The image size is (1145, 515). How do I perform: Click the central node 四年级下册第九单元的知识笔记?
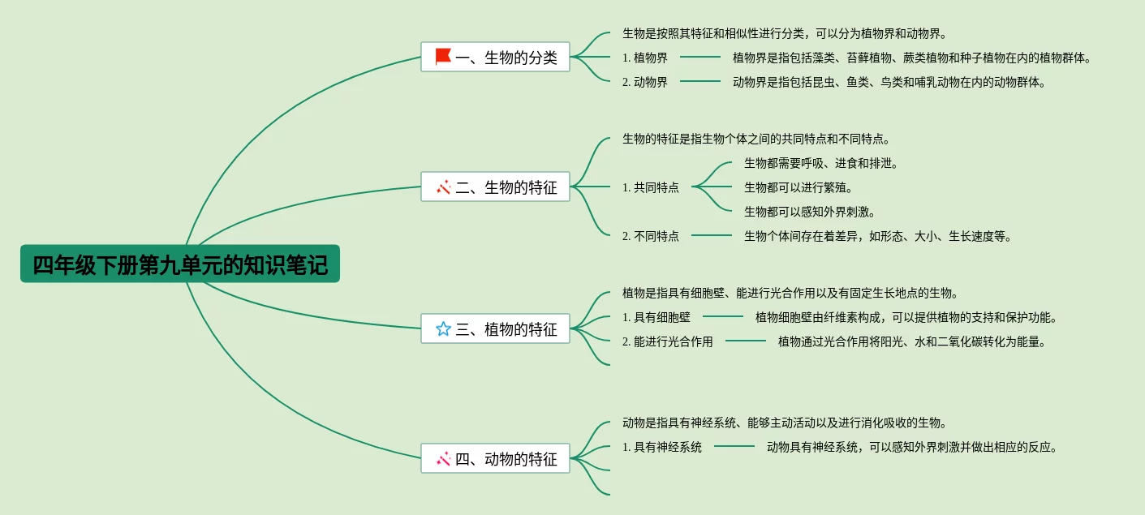(x=180, y=264)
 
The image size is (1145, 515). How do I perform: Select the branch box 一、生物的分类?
(x=495, y=57)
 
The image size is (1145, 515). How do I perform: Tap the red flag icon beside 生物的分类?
(x=443, y=56)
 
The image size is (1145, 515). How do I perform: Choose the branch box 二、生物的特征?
(x=495, y=187)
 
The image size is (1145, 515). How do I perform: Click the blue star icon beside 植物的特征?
(x=443, y=328)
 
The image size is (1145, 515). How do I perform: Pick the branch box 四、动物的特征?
(x=495, y=458)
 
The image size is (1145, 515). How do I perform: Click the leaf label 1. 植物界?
(x=645, y=58)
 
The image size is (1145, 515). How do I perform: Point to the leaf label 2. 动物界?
(x=645, y=82)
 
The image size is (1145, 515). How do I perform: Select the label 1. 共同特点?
(x=651, y=187)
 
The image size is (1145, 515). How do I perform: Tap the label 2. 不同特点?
(x=651, y=236)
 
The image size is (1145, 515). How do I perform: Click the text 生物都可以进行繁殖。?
(x=798, y=187)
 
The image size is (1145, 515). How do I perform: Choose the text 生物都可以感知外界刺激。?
(x=810, y=212)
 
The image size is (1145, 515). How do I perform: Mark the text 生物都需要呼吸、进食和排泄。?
(x=821, y=163)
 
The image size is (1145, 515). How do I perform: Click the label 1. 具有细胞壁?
(x=656, y=317)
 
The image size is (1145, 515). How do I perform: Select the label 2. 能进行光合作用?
(x=668, y=341)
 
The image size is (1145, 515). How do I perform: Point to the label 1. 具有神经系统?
(x=662, y=447)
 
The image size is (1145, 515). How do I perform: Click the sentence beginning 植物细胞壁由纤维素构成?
(x=906, y=317)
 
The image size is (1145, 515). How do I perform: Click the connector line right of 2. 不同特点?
(x=711, y=235)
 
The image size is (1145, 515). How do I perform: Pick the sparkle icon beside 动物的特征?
(x=443, y=458)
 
